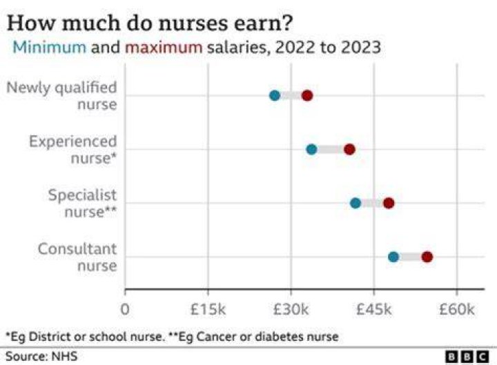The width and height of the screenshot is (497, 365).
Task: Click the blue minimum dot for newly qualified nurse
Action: (x=275, y=95)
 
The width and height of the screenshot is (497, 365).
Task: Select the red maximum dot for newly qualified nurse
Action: (x=307, y=95)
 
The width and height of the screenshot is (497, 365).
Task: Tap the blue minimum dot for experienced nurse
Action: (x=311, y=149)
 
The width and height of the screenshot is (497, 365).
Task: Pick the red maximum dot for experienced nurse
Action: (x=349, y=149)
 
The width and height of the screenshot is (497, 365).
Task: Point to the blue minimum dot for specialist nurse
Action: (x=355, y=203)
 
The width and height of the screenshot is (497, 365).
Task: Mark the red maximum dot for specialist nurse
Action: (x=389, y=203)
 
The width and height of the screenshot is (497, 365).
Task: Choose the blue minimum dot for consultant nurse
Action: (x=393, y=257)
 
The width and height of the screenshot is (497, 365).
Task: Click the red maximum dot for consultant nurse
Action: (x=427, y=257)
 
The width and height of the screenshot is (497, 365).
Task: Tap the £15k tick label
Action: (x=208, y=309)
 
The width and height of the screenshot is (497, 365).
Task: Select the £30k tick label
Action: (x=291, y=309)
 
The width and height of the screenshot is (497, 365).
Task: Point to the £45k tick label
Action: (x=374, y=309)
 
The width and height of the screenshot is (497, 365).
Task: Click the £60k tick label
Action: (x=457, y=309)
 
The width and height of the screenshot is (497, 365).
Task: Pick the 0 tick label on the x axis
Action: (x=125, y=309)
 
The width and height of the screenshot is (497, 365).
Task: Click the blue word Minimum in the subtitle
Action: (x=50, y=47)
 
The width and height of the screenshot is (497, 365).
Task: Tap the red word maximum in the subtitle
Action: (x=164, y=48)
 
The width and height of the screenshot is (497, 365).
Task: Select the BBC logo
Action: (x=467, y=357)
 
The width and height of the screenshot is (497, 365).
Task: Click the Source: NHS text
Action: (x=41, y=357)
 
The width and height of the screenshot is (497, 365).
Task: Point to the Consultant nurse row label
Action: (x=77, y=257)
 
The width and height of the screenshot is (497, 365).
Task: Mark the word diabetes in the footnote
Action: (x=278, y=337)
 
